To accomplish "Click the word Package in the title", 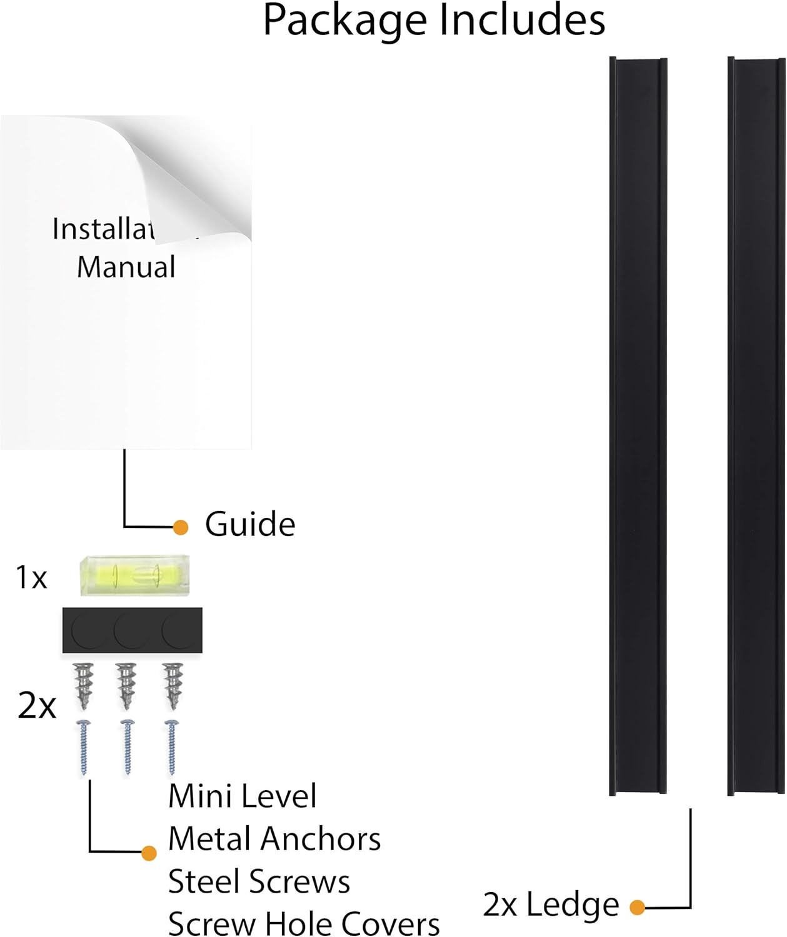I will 346,21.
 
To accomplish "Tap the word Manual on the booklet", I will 126,267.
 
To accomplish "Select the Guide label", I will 250,524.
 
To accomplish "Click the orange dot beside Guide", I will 181,527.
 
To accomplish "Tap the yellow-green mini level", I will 134,575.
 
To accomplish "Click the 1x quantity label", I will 31,578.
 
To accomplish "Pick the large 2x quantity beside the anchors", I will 36,706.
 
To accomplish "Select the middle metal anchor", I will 126,685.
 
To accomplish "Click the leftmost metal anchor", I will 83,685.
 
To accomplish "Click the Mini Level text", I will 242,796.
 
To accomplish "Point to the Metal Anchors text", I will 274,839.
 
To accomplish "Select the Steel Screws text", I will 259,881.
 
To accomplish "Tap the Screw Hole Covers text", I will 304,923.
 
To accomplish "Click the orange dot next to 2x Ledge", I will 637,907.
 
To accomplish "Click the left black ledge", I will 638,425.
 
